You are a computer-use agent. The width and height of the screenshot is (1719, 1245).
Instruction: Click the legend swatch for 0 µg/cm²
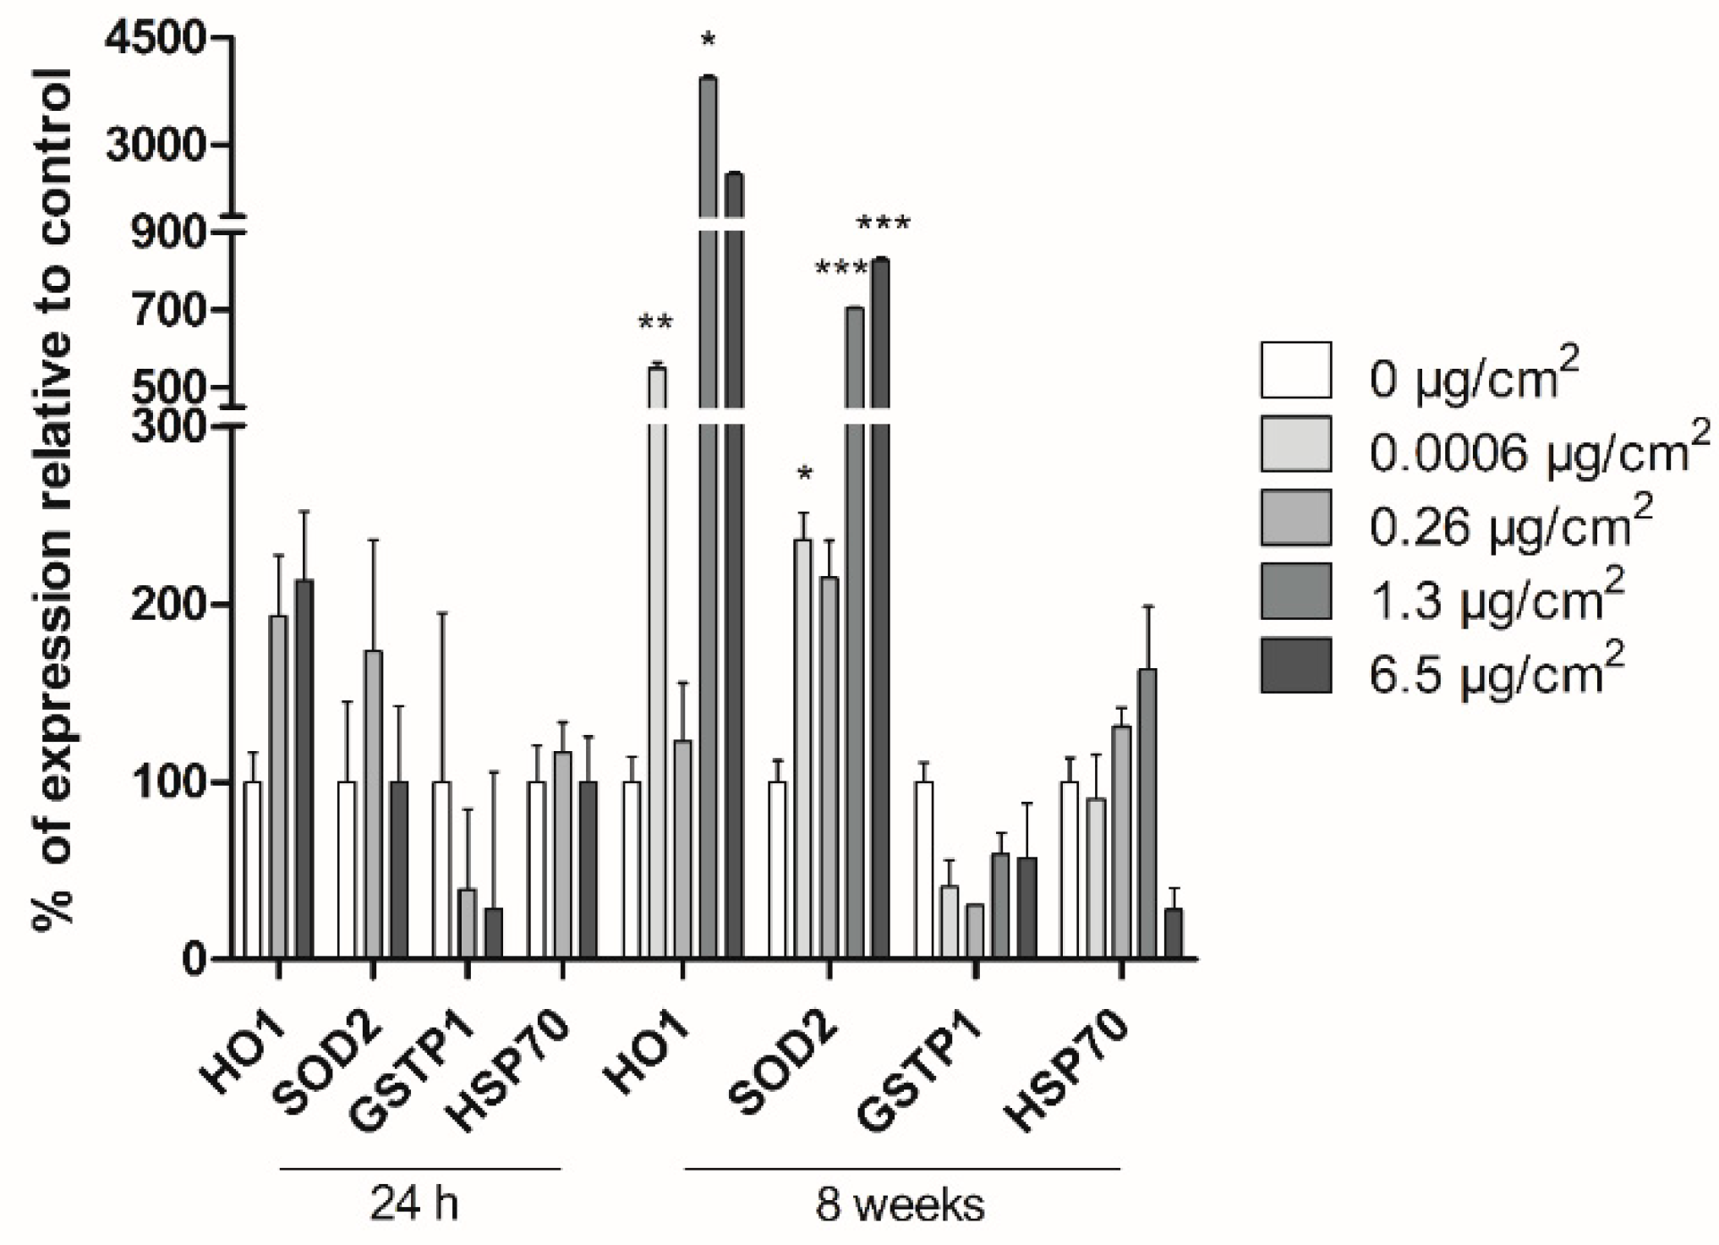click(x=1295, y=370)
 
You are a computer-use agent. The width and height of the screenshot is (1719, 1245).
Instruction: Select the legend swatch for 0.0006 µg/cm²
click(x=1295, y=443)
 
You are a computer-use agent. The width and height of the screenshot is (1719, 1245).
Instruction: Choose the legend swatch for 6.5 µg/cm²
click(x=1295, y=666)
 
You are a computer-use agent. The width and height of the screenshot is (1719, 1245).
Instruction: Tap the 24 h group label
click(x=414, y=1205)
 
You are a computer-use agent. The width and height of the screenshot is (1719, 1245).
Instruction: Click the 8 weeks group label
click(x=900, y=1205)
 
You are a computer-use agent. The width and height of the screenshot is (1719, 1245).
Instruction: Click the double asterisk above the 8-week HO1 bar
click(x=655, y=323)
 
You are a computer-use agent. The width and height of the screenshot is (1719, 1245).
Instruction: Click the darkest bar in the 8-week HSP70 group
click(x=1173, y=934)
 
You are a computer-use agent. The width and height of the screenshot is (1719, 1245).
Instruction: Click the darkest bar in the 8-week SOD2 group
click(x=880, y=609)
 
